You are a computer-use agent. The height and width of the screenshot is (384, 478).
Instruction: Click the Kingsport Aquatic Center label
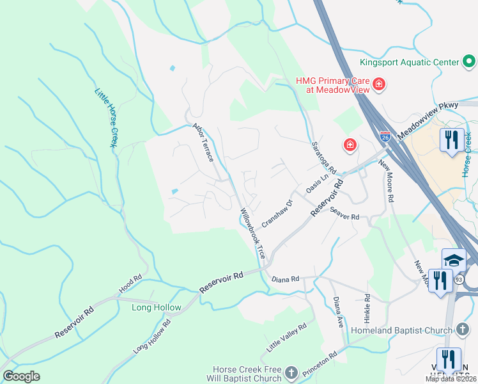[x=409, y=62]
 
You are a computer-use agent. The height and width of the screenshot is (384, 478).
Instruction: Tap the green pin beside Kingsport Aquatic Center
[x=470, y=62]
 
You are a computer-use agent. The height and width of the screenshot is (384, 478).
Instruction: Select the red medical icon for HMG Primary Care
[x=378, y=84]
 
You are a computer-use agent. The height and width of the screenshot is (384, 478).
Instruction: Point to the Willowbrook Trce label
[x=252, y=232]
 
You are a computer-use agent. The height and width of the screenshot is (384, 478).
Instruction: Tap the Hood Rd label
[x=130, y=285]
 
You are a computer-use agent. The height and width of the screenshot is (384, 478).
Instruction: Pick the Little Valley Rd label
[x=287, y=337]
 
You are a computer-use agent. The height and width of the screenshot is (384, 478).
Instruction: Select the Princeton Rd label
[x=324, y=362]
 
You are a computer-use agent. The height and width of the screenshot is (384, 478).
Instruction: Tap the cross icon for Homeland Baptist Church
[x=465, y=330]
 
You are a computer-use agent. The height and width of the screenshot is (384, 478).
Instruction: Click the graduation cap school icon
[x=454, y=259]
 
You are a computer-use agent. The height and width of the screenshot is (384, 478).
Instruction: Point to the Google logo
[x=22, y=376]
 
